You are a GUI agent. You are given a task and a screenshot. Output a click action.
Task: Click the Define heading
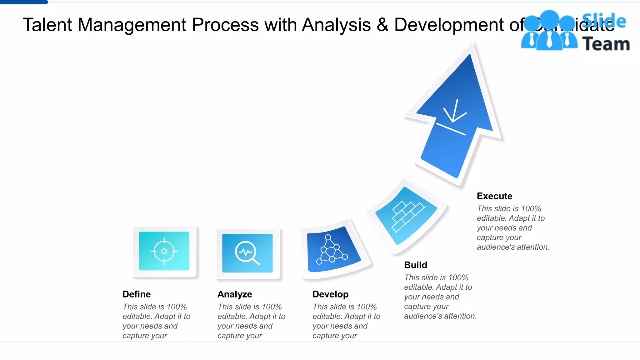[137, 294]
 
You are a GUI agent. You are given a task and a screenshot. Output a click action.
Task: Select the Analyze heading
[235, 294]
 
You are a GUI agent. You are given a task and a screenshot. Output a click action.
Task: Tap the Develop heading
[330, 294]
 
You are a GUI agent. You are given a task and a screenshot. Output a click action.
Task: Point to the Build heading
[415, 265]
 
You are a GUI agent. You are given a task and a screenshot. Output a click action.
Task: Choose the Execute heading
[494, 196]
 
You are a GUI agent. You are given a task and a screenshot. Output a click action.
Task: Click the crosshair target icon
[164, 251]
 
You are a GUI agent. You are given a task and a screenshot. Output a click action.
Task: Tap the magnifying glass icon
[247, 253]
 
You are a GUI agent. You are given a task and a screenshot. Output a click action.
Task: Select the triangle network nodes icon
[332, 250]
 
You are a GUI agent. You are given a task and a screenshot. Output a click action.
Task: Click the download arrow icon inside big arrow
[453, 117]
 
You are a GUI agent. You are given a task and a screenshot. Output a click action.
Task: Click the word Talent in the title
[47, 25]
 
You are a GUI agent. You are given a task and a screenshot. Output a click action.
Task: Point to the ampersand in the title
[382, 25]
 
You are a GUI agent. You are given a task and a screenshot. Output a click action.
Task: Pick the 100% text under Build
[458, 277]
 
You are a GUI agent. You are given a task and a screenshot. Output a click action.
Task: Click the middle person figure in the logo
[549, 31]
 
